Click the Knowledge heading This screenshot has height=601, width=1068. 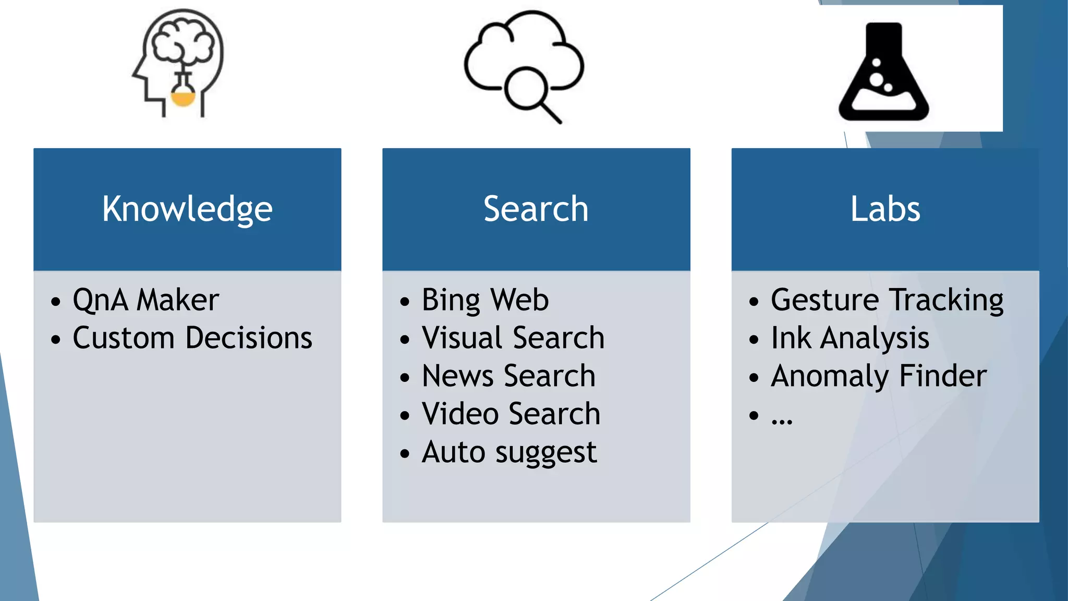(x=187, y=209)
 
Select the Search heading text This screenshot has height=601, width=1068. (x=536, y=209)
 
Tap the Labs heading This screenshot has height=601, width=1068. (x=885, y=209)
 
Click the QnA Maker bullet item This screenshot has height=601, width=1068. (x=145, y=300)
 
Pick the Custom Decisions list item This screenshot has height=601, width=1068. (x=192, y=338)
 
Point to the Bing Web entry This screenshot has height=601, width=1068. (x=485, y=300)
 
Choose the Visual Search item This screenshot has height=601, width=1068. (x=513, y=338)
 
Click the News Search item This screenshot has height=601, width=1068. (x=508, y=376)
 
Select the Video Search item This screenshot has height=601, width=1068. (x=511, y=414)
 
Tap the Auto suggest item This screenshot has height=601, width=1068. (x=509, y=452)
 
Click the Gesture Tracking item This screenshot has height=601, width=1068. (x=887, y=300)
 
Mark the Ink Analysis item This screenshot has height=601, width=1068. (x=850, y=338)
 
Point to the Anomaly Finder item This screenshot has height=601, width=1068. (x=879, y=376)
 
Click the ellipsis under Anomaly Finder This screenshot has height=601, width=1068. (x=782, y=417)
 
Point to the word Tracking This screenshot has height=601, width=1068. (x=946, y=300)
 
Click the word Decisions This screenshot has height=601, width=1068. (x=249, y=338)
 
